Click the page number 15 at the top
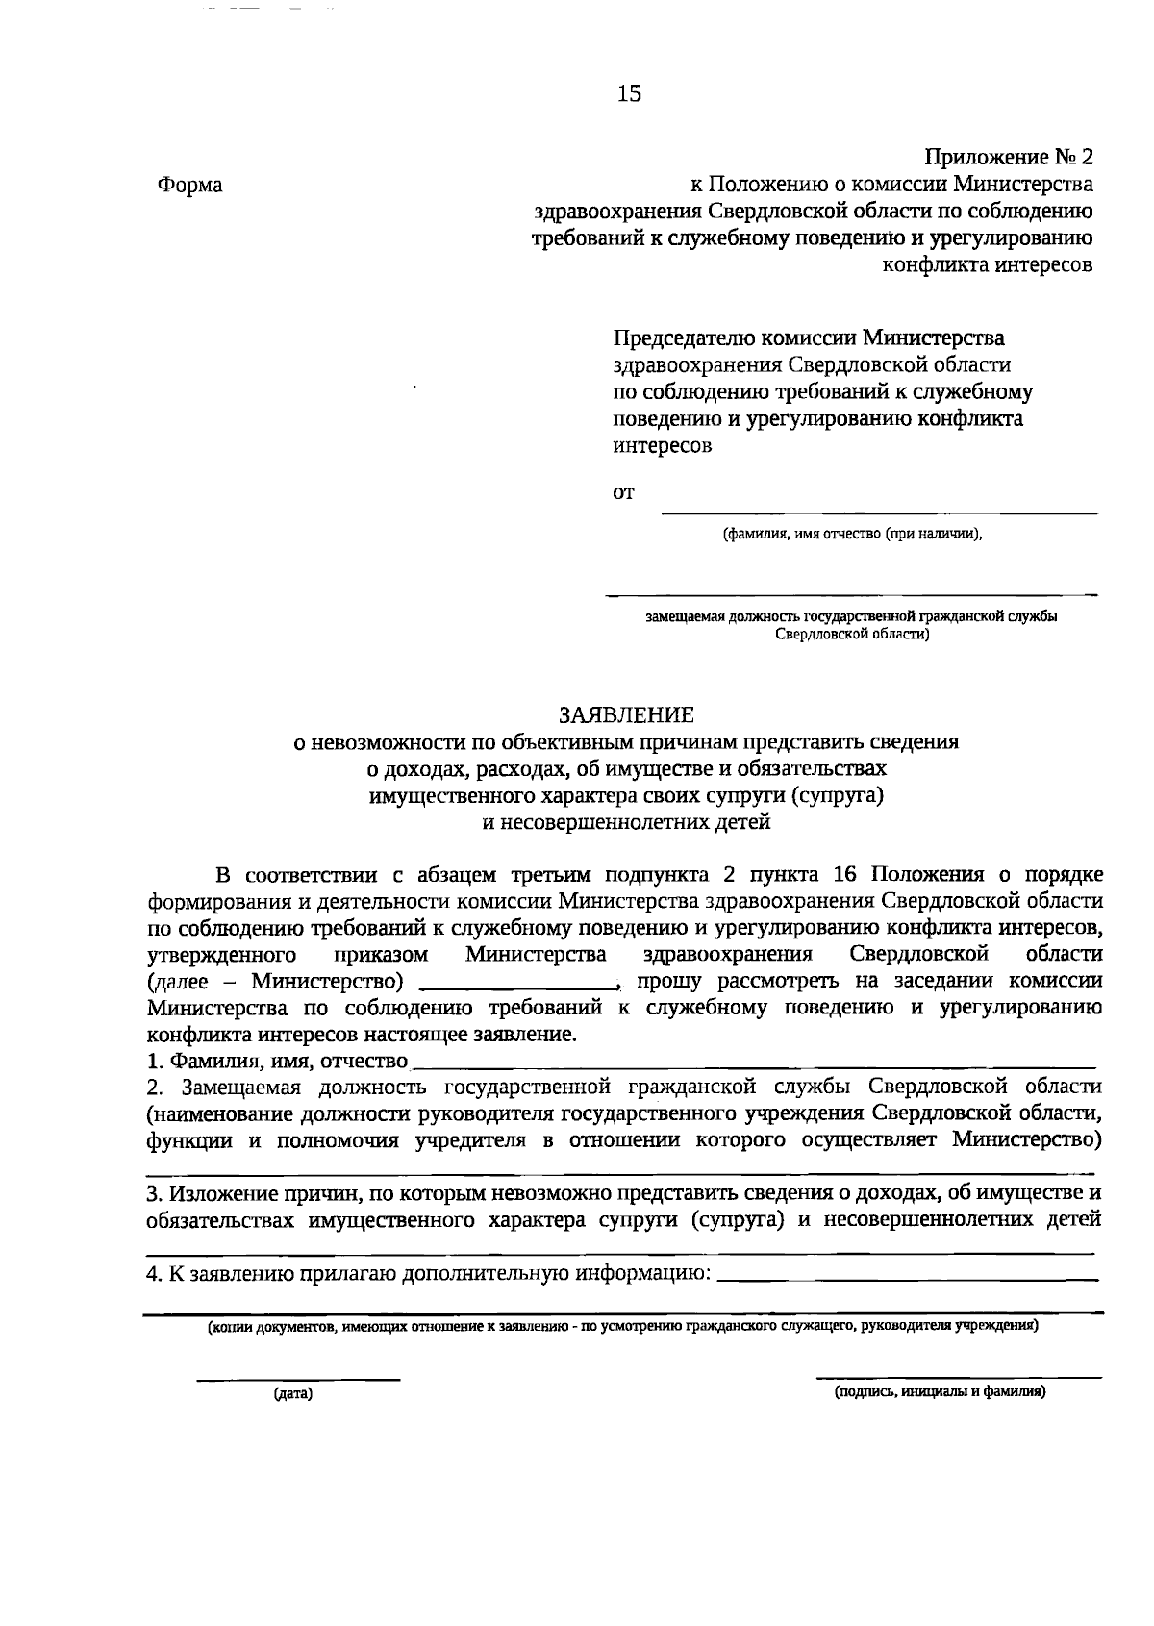tap(628, 93)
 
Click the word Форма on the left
tap(189, 186)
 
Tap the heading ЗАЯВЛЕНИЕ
tap(626, 715)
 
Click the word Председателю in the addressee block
tap(685, 338)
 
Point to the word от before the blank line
tap(624, 494)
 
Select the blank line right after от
tap(880, 513)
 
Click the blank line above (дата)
tap(298, 1380)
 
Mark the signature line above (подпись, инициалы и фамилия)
tap(959, 1378)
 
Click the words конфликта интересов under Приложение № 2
tap(988, 264)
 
